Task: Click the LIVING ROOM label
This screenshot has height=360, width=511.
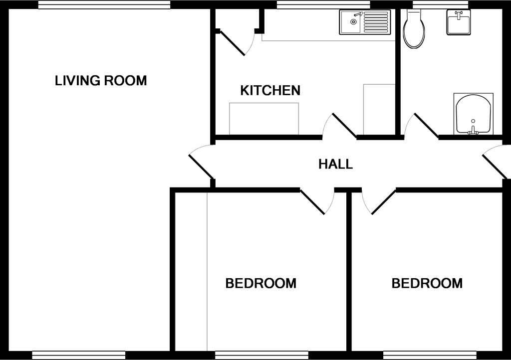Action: coord(101,80)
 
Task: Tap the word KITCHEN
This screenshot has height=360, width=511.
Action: coord(270,91)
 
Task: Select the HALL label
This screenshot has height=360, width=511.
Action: coord(335,164)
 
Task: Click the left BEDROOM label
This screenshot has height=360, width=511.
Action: coord(260,284)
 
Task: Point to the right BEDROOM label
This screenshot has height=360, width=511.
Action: coord(427,284)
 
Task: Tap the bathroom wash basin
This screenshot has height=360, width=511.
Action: coord(458,23)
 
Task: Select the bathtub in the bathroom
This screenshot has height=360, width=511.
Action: coord(473,114)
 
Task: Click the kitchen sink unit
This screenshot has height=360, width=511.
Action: coord(364,22)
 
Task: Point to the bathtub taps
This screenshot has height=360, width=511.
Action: coord(473,131)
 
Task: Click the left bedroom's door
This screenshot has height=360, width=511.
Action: coord(313,201)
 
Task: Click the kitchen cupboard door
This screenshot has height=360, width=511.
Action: coord(232,43)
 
